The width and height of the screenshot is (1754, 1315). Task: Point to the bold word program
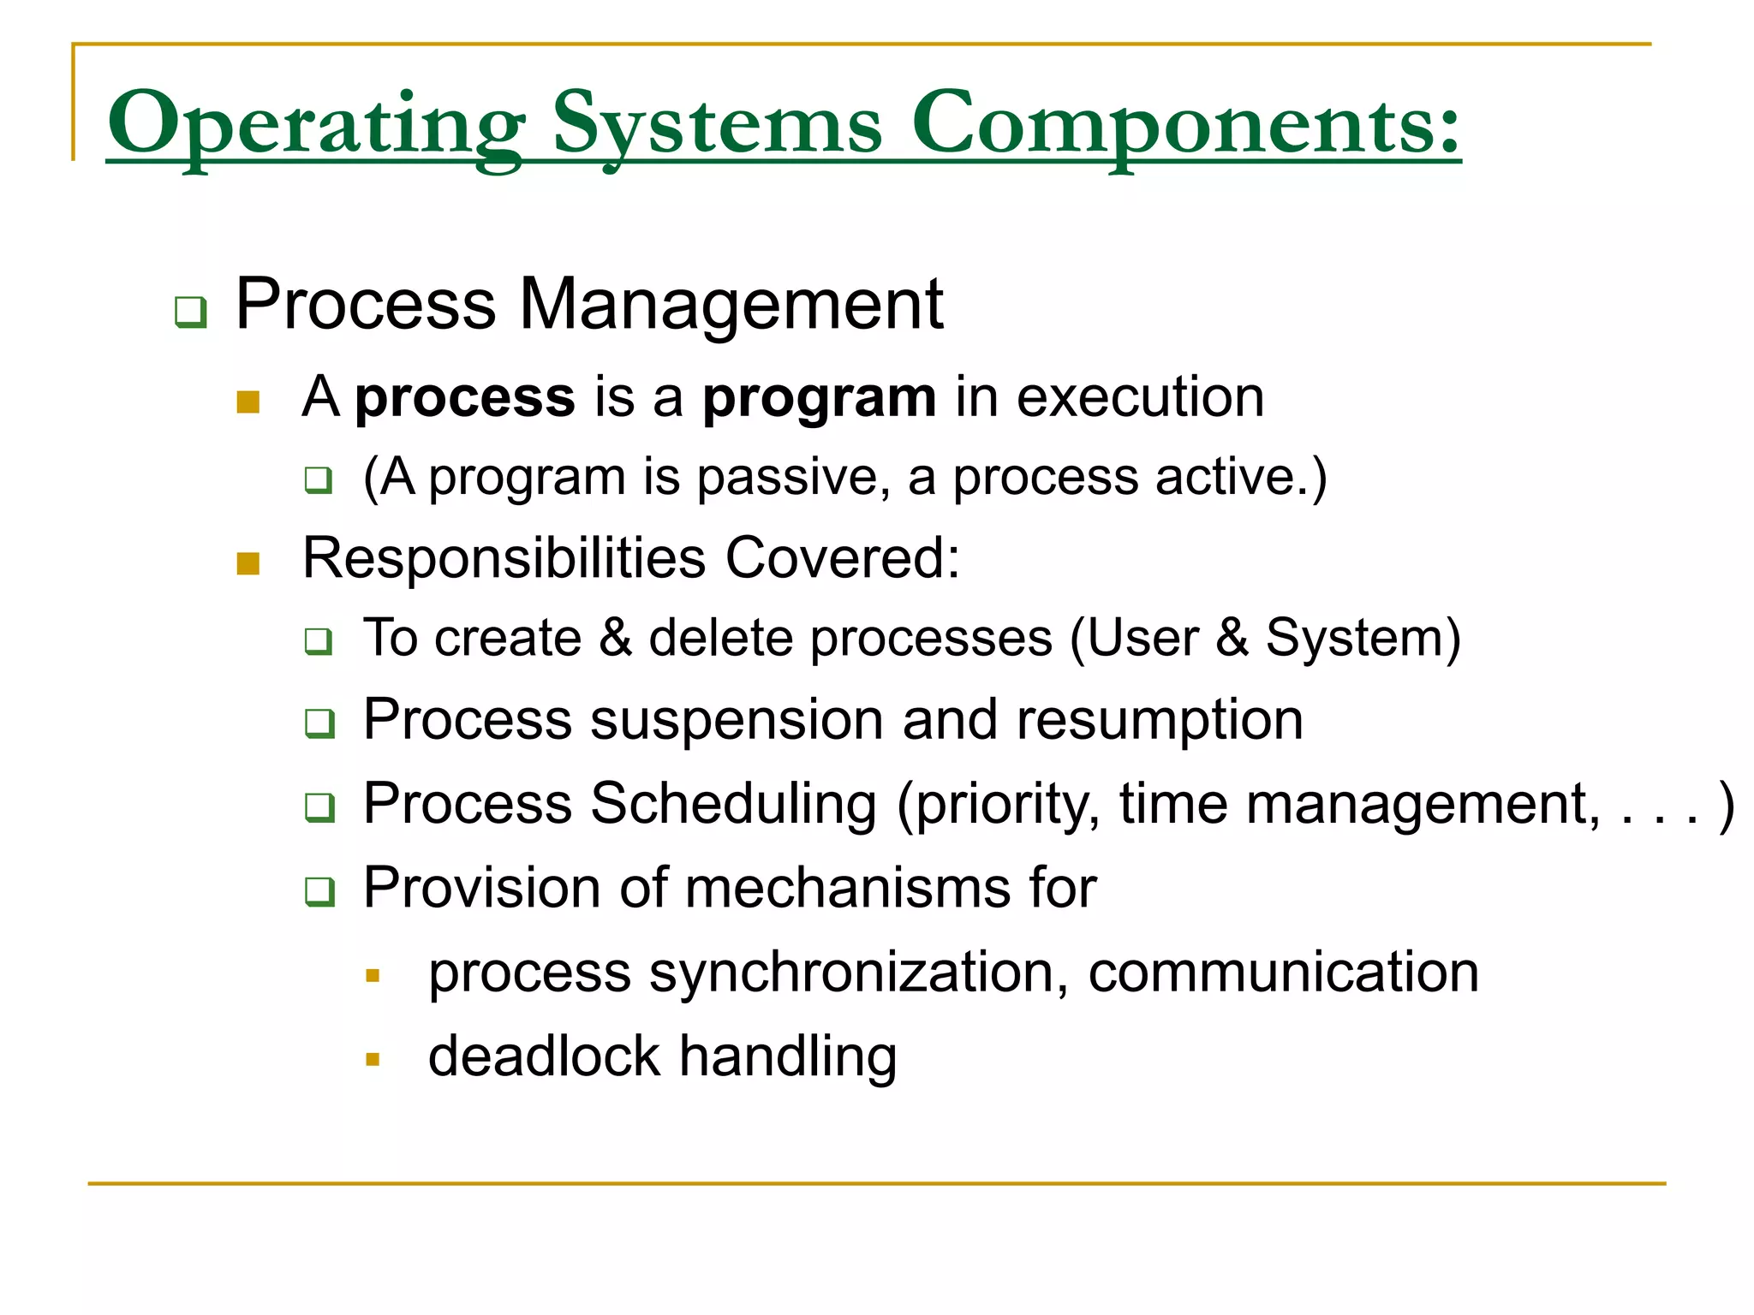click(x=820, y=399)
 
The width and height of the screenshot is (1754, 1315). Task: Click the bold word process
click(x=465, y=399)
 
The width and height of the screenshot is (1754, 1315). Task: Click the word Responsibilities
click(x=504, y=558)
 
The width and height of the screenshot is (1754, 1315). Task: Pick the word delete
click(x=721, y=639)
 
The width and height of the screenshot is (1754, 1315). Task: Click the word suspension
click(x=737, y=721)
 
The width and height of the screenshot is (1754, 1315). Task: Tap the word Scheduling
click(x=733, y=805)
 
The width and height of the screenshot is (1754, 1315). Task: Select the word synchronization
click(x=854, y=973)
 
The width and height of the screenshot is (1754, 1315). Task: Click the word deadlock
click(x=544, y=1056)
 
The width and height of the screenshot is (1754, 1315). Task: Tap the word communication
click(x=1283, y=973)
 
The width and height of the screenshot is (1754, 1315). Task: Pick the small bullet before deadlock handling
click(x=372, y=1060)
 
